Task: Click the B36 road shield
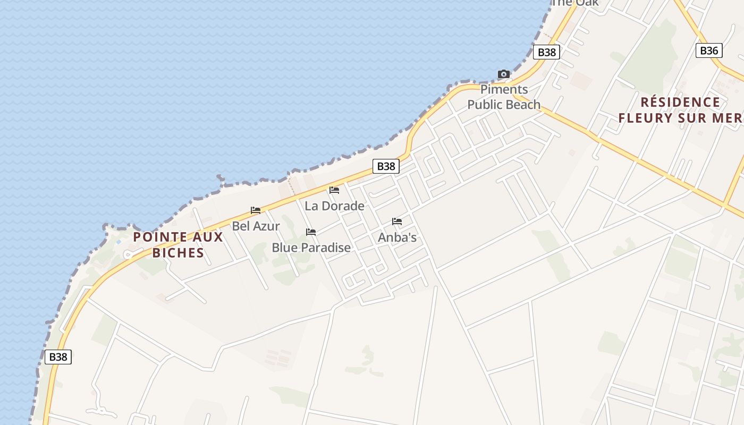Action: tap(709, 50)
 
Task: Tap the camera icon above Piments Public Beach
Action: tap(503, 74)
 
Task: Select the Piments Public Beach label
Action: tap(504, 97)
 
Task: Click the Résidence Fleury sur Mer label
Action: tap(680, 110)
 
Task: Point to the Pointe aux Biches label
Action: tap(178, 244)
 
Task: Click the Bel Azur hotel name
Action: tap(256, 226)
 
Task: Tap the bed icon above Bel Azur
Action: tap(256, 210)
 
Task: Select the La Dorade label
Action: tap(334, 206)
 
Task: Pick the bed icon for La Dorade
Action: tap(334, 190)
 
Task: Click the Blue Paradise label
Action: tap(311, 247)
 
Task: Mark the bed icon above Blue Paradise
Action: tap(311, 232)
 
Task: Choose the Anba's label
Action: tap(397, 237)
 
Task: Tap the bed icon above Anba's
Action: tap(397, 222)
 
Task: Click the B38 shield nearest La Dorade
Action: tap(386, 166)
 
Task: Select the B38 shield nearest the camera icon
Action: tap(546, 52)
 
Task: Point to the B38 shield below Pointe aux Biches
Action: tap(58, 357)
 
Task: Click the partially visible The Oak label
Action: tap(576, 3)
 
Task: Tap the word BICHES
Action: tap(178, 252)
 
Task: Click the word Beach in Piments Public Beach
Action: tap(523, 105)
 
